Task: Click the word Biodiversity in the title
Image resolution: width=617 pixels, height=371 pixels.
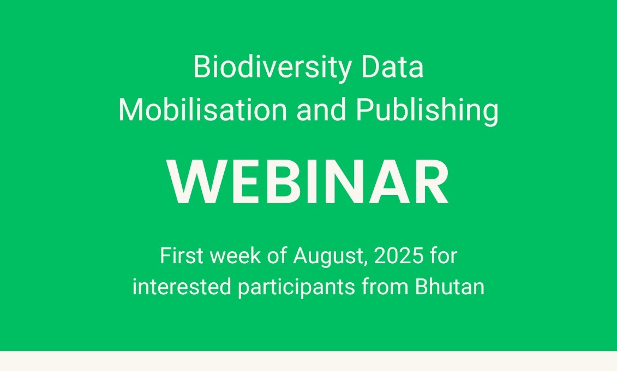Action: coord(272,68)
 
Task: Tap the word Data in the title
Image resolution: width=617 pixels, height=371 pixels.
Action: coord(392,67)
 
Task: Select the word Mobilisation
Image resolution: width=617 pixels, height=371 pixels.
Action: coord(203,110)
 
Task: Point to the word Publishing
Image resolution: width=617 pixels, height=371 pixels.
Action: coord(427,111)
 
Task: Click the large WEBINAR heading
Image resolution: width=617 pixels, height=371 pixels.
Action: coord(308,182)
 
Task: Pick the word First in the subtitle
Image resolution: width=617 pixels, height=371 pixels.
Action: coord(182,256)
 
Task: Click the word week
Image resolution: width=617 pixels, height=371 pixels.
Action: coord(235,256)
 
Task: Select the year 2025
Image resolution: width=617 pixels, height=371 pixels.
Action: coord(399,256)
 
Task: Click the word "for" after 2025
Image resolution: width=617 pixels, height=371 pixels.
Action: coord(444,256)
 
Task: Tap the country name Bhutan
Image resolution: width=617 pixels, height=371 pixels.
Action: coord(450,287)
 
